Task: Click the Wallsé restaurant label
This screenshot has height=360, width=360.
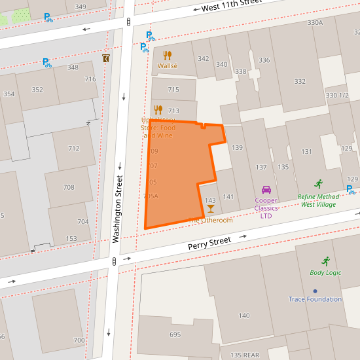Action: pos(167,66)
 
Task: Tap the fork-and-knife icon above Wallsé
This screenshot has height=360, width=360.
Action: pos(167,56)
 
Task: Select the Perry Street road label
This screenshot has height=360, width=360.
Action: pos(209,243)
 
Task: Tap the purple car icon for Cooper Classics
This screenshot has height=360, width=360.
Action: pos(266,190)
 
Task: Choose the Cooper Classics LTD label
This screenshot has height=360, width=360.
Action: pos(266,207)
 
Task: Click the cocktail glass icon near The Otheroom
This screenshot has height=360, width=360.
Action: pos(210,209)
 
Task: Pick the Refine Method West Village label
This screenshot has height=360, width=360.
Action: pos(319,200)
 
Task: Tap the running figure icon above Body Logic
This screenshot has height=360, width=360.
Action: pos(325,261)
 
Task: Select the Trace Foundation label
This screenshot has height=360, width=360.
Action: pos(315,299)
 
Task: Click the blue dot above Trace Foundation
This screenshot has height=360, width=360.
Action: pos(315,291)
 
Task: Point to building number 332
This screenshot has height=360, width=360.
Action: pos(300,81)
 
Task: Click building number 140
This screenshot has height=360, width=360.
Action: pos(244,315)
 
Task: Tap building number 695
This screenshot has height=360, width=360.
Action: pos(175,334)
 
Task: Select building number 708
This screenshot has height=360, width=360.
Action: pos(69,187)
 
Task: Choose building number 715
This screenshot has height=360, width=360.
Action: pos(173,90)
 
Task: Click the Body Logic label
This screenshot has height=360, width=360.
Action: pos(325,272)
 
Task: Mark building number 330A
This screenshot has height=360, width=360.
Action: pos(315,22)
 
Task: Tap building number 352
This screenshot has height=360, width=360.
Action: pos(37,90)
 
